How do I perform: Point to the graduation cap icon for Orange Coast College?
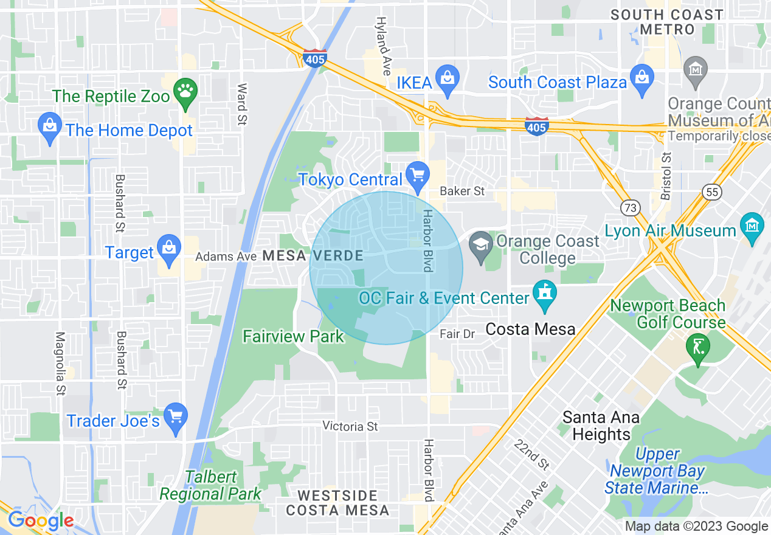pos(482,246)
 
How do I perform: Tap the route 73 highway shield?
pos(631,207)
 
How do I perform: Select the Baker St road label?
pos(462,191)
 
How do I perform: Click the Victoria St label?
pos(350,426)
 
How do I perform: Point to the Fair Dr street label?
pos(457,334)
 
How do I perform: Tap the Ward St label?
pos(241,104)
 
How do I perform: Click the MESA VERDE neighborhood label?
pos(313,256)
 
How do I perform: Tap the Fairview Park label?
pos(293,336)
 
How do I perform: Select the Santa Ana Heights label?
pos(601,426)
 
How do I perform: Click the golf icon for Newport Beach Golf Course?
pos(698,348)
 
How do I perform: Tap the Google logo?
pos(40,520)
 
